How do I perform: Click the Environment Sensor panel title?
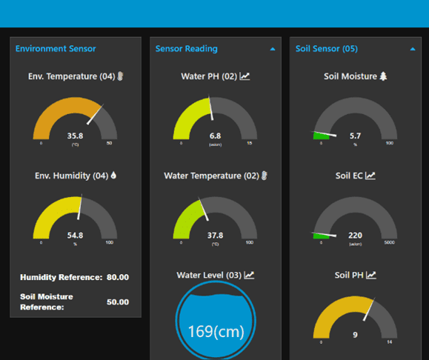(56, 49)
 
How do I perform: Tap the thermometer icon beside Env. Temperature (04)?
(119, 76)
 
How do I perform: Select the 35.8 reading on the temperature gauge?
(75, 136)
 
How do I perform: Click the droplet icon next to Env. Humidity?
(113, 176)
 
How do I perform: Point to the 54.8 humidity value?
(75, 235)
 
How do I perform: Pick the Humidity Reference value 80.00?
(117, 277)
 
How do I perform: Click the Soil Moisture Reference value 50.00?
(117, 302)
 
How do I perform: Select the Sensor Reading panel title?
(186, 49)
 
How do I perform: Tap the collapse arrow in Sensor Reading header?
(273, 49)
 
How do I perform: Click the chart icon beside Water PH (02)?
(245, 76)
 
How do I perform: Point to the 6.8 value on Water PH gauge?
(215, 136)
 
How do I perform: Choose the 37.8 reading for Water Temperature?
(215, 235)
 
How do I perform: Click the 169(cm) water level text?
(215, 330)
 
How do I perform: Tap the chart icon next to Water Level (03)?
(250, 275)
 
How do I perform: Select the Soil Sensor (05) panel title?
(326, 49)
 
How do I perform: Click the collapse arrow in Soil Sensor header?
(413, 49)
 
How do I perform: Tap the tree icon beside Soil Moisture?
(383, 76)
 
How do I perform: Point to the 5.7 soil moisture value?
(355, 136)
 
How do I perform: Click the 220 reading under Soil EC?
(355, 235)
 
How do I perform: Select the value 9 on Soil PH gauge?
(355, 335)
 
